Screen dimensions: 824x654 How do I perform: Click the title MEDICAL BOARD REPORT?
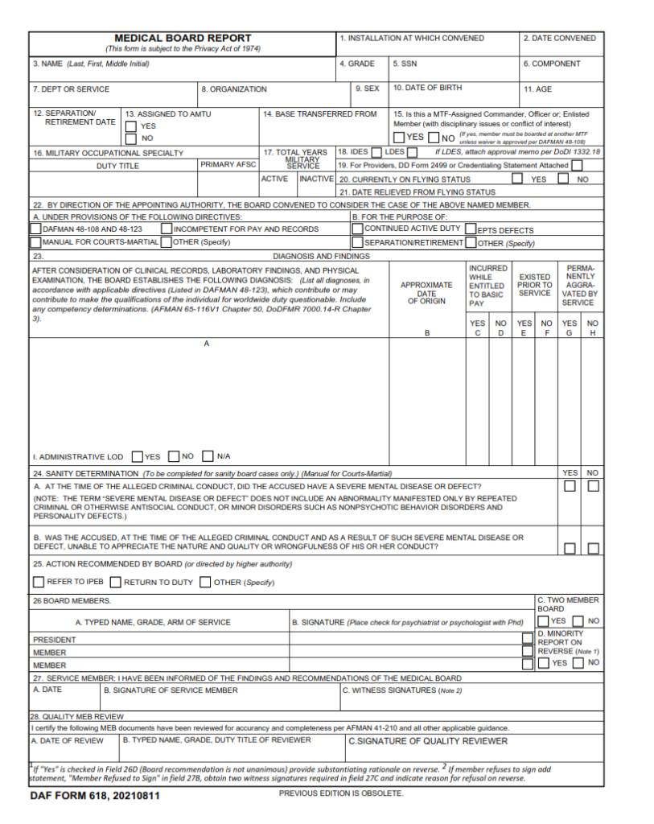tap(183, 38)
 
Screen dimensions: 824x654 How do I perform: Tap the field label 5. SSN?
tap(405, 64)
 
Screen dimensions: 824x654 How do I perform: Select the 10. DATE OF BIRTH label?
tap(427, 88)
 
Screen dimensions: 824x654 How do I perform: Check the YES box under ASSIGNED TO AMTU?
tap(131, 126)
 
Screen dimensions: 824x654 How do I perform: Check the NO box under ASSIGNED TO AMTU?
tap(131, 138)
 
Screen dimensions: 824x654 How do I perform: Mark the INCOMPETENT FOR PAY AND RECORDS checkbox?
tap(167, 229)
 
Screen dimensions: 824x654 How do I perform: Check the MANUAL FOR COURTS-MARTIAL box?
tap(36, 241)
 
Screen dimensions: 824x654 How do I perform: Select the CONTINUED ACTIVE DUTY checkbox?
tap(358, 229)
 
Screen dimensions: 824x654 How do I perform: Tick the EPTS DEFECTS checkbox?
tap(471, 229)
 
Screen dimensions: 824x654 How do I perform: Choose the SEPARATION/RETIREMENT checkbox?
tap(358, 242)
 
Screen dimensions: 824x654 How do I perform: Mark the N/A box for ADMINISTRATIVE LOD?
tap(208, 456)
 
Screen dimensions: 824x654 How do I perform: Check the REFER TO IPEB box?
tap(39, 582)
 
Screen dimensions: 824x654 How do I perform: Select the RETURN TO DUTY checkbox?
tap(116, 582)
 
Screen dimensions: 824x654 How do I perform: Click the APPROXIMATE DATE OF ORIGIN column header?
tap(426, 293)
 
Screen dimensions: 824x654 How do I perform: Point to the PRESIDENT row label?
tap(55, 640)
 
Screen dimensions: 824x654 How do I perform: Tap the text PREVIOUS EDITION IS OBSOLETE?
tap(341, 794)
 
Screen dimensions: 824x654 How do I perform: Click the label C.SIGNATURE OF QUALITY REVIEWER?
tap(427, 741)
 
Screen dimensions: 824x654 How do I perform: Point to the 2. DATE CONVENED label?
tap(559, 38)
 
